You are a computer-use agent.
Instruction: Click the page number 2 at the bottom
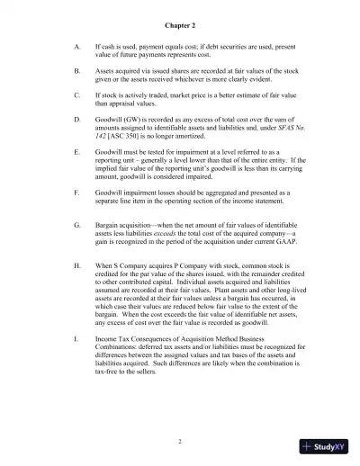point(180,441)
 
